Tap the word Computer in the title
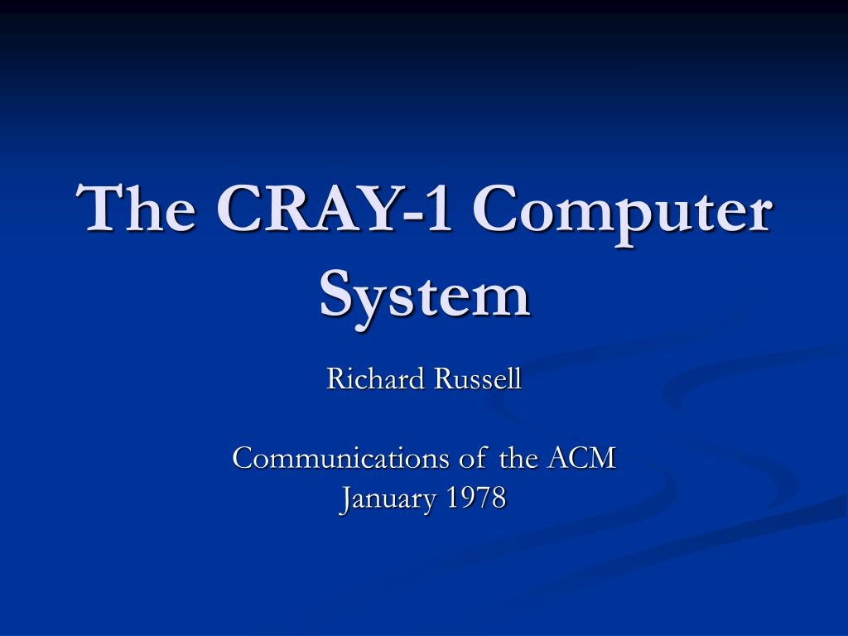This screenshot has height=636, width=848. point(624,209)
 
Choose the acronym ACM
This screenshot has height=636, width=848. point(581,458)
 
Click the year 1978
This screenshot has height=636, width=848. point(476,499)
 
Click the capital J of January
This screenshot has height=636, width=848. point(345,499)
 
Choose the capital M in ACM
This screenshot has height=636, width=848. point(601,458)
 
